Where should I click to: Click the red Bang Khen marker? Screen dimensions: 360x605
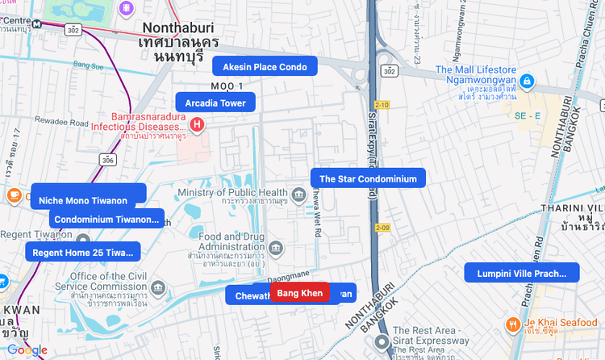click(x=299, y=292)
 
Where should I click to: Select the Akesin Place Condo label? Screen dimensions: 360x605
click(x=265, y=66)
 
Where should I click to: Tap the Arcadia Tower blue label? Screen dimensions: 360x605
click(x=215, y=103)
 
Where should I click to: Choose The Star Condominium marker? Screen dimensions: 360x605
click(x=368, y=178)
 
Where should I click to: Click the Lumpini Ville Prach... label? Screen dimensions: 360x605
click(x=522, y=273)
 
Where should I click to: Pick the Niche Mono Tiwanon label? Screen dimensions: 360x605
click(x=88, y=199)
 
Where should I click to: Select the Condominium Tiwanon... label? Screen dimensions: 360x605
click(x=106, y=219)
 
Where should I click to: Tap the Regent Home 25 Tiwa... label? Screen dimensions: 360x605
click(x=82, y=253)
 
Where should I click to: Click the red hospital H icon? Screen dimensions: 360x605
click(x=197, y=124)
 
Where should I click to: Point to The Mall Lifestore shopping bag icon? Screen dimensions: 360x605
click(x=526, y=81)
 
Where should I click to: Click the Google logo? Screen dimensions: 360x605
click(x=27, y=350)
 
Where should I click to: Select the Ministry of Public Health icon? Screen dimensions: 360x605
click(x=298, y=194)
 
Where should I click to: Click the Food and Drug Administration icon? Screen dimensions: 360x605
click(x=277, y=247)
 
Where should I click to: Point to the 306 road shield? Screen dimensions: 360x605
click(x=108, y=160)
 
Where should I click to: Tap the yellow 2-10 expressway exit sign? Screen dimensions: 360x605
click(x=382, y=104)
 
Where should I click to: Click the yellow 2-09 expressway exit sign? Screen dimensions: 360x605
click(x=382, y=228)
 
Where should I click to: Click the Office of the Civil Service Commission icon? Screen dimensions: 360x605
click(x=158, y=287)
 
